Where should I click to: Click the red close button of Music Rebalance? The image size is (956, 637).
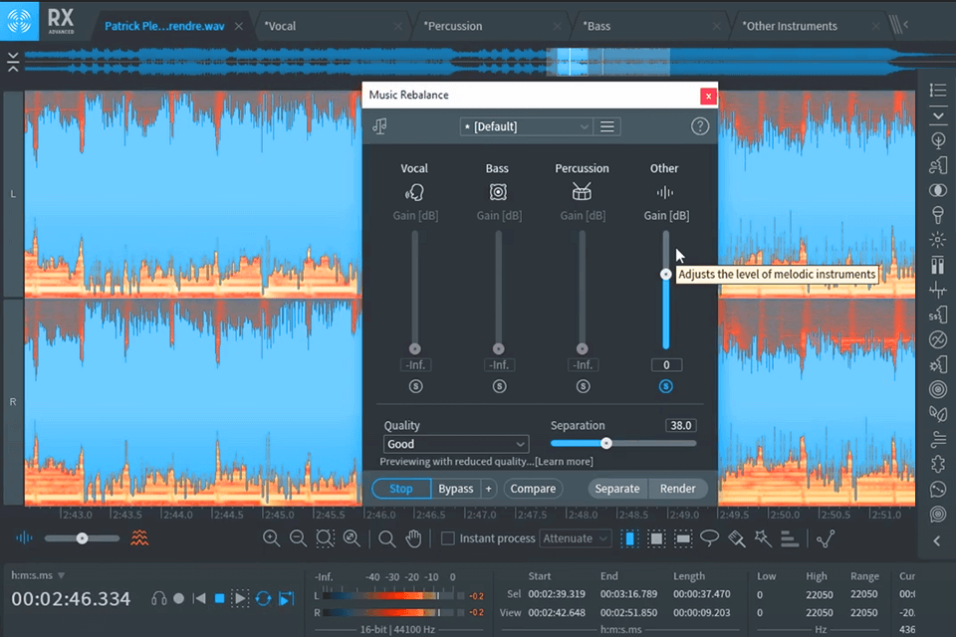point(708,96)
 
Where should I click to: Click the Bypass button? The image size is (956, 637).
point(456,489)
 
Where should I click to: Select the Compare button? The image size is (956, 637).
point(533,489)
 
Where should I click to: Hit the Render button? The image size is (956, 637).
point(678,489)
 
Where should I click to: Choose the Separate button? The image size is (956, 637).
point(617,489)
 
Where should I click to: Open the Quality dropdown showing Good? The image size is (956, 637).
point(456,444)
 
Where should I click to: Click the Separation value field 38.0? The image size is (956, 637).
point(680,425)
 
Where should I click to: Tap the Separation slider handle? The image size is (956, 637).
point(605,443)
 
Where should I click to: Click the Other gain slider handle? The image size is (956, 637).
point(666,274)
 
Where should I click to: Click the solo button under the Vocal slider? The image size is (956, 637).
point(415,386)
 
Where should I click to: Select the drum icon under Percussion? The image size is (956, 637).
point(582,192)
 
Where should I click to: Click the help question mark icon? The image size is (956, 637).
point(699,126)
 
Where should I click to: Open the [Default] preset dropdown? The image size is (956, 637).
point(527,126)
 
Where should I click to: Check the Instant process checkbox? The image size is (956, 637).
point(448,538)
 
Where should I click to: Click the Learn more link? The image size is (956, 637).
point(564,462)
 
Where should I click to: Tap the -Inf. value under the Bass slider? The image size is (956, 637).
point(499,365)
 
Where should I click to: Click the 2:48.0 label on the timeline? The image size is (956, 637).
point(584,516)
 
